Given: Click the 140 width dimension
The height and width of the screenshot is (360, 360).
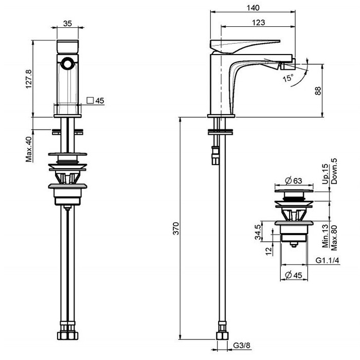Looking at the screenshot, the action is pyautogui.click(x=253, y=8).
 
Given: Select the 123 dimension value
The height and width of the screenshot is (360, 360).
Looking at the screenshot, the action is pyautogui.click(x=259, y=23).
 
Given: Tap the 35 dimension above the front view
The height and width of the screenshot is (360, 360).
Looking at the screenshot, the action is pyautogui.click(x=67, y=24).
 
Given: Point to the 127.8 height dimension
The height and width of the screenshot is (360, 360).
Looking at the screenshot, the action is pyautogui.click(x=28, y=79).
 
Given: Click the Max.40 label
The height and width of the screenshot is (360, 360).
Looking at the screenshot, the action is pyautogui.click(x=29, y=149).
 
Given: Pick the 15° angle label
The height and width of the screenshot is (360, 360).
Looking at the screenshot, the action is pyautogui.click(x=288, y=78).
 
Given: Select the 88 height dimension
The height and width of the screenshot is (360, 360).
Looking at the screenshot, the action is pyautogui.click(x=318, y=91).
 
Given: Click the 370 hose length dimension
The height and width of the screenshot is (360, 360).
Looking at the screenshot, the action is pyautogui.click(x=176, y=228).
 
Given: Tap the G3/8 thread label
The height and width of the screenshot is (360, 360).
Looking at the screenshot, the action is pyautogui.click(x=242, y=345).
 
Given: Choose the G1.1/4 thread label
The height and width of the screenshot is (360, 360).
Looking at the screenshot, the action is pyautogui.click(x=328, y=260).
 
